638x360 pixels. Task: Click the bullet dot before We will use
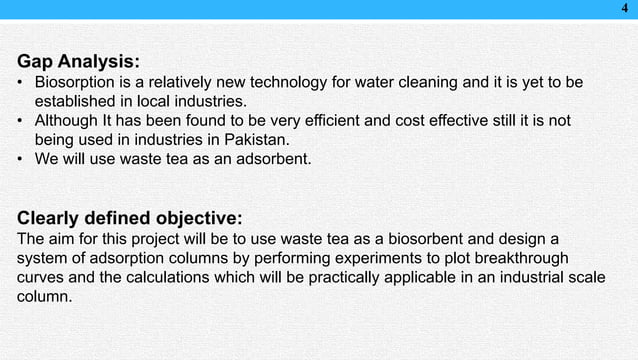click(x=21, y=163)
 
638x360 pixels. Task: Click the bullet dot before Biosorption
click(x=21, y=80)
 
